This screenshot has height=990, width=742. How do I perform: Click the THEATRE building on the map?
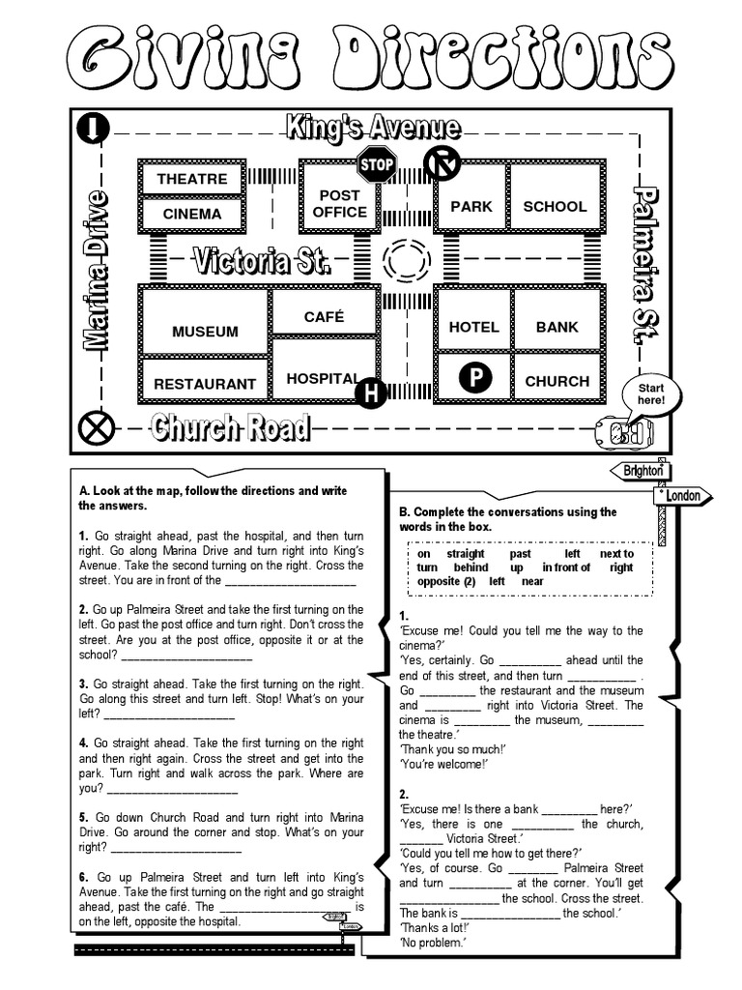click(191, 179)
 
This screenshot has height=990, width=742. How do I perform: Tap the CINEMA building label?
click(191, 214)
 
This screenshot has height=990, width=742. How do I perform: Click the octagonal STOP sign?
click(377, 165)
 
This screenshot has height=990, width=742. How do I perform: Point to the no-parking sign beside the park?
click(442, 165)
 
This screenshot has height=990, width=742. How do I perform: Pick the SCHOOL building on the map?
click(555, 206)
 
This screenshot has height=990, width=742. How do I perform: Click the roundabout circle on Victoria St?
click(405, 260)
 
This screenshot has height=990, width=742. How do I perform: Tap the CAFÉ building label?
click(324, 317)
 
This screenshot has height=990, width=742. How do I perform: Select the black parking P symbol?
click(474, 378)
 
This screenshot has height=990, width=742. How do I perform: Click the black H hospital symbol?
click(370, 393)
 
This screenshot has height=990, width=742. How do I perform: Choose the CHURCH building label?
click(556, 381)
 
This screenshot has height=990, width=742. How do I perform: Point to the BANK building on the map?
click(556, 327)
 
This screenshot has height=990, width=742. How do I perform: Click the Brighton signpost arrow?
click(639, 470)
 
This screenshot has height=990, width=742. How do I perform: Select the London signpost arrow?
click(685, 496)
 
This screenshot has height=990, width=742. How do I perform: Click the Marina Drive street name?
click(97, 270)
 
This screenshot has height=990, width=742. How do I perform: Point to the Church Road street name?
click(230, 427)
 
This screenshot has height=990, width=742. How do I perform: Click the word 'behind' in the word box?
click(471, 568)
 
